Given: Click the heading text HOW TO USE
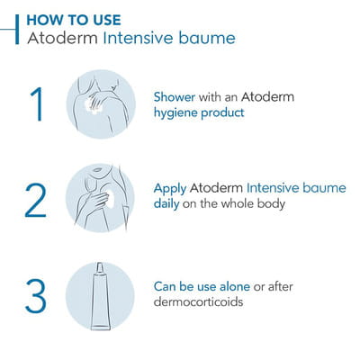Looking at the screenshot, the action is coord(74,20).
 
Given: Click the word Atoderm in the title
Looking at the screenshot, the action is coord(62,39).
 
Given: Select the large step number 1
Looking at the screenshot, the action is coord(37,104).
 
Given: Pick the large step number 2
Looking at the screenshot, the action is coord(36,200).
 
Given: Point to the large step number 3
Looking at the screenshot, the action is coord(36,296).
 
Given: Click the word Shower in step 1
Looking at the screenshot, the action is coord(175,97).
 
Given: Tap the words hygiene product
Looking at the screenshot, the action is coord(199,113).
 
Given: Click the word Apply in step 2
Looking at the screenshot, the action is coord(170,189).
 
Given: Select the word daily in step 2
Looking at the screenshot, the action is coord(166,204).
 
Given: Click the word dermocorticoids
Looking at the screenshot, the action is coord(198,301).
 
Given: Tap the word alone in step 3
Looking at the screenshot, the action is coord(235,286).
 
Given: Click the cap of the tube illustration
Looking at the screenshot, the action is coord(100,269).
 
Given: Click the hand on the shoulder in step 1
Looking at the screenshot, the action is coord(96,103).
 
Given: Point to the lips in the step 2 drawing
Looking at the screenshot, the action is coord(98,170).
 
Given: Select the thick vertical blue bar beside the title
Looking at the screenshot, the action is coord(17,30).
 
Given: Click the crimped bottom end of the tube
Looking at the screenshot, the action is coord(101,327).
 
